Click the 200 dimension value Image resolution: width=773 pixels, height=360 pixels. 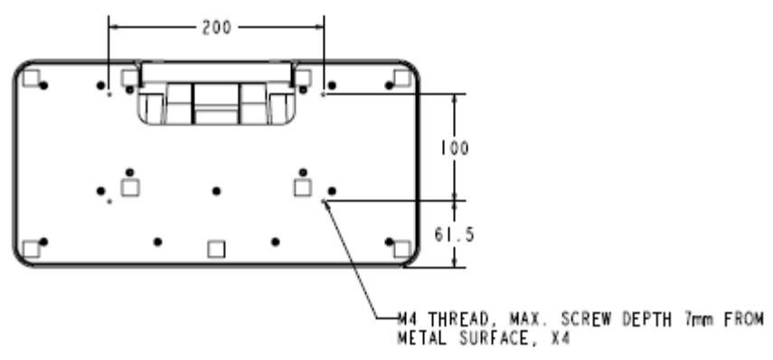coord(216,27)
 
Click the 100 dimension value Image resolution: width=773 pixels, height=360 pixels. coord(455,147)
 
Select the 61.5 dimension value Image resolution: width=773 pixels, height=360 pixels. coord(454,235)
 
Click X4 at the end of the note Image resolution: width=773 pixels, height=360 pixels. coord(560,339)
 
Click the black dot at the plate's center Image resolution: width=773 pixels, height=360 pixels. coord(216,191)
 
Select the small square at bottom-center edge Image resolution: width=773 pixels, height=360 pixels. coord(216,249)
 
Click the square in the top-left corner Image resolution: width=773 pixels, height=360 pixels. coord(31,78)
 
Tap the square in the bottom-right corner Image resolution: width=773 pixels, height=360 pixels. coord(401,249)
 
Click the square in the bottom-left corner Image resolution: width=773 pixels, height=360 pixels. coord(31,249)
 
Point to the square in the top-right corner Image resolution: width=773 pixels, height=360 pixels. coord(401,78)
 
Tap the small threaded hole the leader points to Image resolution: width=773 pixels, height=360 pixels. coord(324,201)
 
